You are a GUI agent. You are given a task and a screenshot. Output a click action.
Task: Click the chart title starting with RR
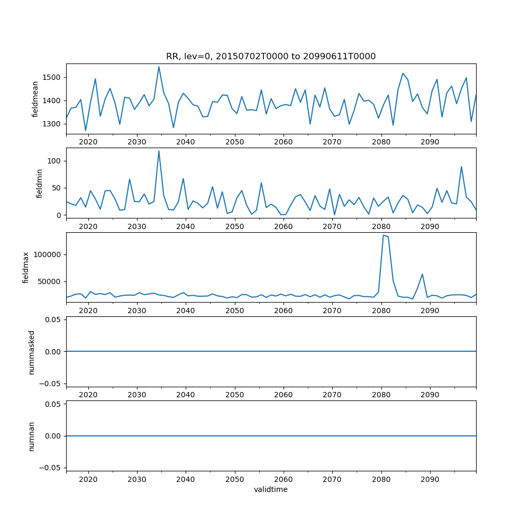271,57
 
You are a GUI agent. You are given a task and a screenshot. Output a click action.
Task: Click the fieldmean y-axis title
36,99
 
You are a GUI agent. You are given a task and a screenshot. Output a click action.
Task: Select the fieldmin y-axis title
40,183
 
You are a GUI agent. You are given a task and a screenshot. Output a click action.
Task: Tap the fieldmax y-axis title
26,267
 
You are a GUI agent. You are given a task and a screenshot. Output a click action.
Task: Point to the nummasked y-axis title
32,352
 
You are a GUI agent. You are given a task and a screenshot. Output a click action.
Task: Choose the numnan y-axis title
32,436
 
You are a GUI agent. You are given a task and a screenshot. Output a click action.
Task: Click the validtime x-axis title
271,489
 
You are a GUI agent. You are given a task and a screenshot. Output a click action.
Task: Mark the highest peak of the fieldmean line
159,67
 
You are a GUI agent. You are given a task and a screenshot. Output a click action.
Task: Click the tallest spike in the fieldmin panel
159,151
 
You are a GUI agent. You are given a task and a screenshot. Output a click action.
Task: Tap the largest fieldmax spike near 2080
383,235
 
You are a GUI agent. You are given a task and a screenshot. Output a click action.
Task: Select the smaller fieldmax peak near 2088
422,274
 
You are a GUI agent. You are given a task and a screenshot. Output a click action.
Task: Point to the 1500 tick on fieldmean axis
53,77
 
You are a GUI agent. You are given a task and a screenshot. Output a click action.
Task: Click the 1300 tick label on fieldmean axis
53,124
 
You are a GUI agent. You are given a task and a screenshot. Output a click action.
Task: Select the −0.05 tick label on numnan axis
51,468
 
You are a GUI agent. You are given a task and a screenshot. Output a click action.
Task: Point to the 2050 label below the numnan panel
235,479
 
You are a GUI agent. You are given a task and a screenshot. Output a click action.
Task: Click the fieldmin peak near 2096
461,167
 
